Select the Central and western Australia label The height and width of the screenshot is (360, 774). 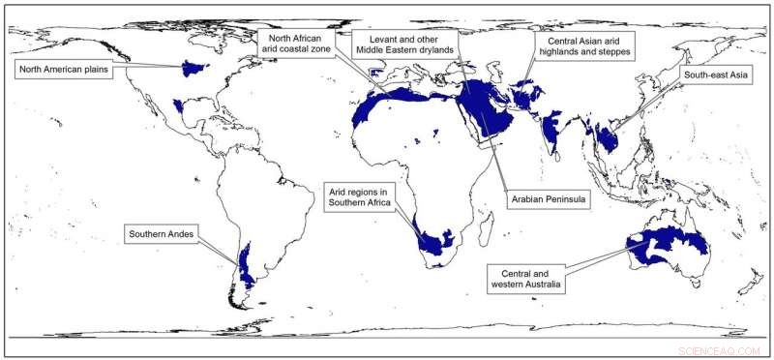point(529,278)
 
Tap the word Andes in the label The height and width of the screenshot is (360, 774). point(183,233)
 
